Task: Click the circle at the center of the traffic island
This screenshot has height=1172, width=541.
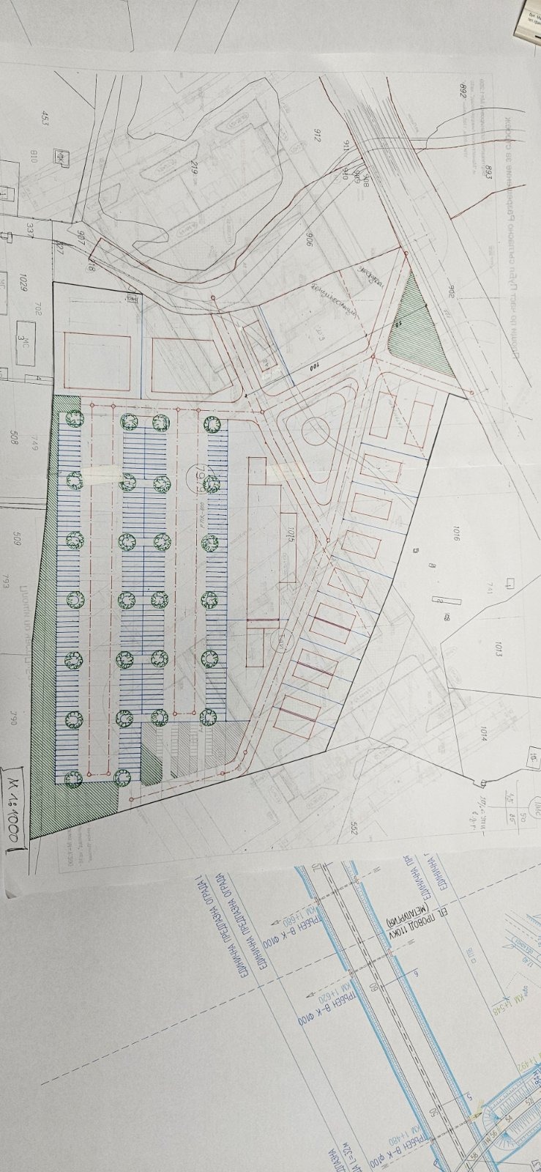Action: tap(316, 431)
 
